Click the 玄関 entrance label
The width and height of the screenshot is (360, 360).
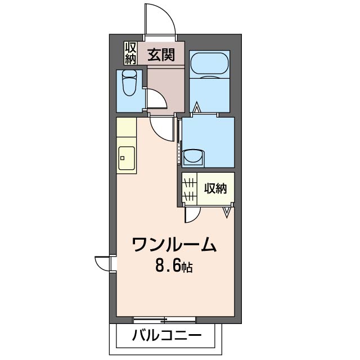161,55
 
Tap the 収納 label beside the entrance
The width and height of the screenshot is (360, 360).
130,53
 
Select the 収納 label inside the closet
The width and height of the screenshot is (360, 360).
215,188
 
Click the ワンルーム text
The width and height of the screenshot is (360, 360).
174,245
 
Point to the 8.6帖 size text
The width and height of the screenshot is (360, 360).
174,266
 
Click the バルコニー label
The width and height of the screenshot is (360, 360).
167,336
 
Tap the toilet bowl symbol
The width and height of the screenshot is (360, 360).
129,83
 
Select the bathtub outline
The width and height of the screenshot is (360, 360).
209,64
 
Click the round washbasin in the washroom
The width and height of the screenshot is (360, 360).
193,156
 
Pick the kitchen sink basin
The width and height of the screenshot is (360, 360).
126,158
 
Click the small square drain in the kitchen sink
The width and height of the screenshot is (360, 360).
123,158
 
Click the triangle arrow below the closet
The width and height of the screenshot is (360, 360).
227,213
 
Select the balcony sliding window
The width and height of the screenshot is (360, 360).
164,320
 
